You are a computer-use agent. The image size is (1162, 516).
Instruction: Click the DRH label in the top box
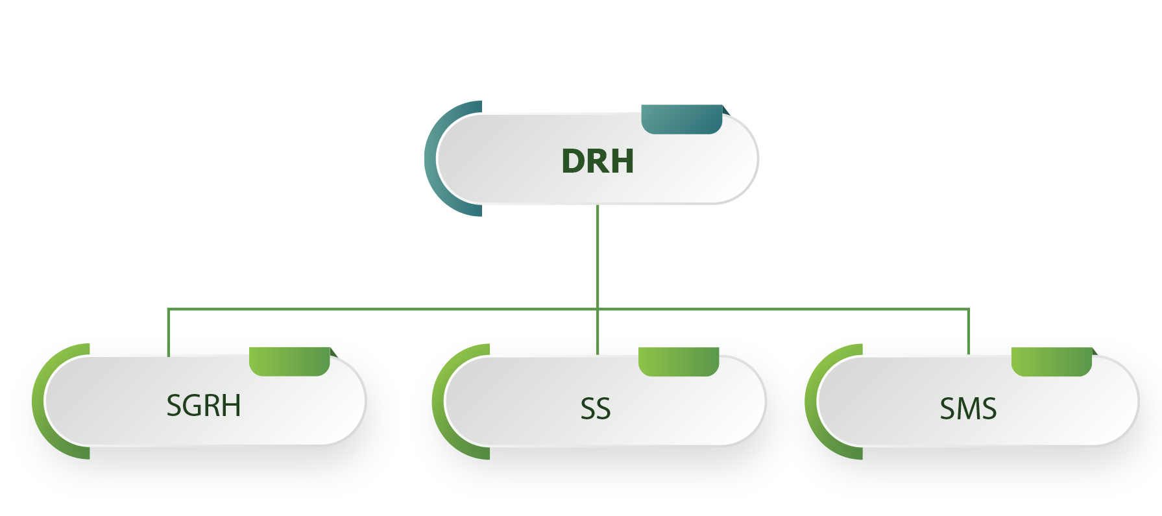598,161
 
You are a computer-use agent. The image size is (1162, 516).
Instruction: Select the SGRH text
204,406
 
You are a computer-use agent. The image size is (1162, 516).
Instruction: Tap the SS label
596,409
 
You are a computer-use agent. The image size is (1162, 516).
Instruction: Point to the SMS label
968,409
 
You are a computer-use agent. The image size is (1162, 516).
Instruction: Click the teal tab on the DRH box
682,119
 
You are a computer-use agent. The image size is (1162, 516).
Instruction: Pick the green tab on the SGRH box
289,362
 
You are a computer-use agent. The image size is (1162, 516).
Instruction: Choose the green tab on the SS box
679,362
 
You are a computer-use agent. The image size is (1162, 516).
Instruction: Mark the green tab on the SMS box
1052,362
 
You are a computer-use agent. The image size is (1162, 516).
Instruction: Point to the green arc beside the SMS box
813,401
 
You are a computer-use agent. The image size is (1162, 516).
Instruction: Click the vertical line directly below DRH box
598,256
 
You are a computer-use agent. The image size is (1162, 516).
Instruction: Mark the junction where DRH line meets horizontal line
598,309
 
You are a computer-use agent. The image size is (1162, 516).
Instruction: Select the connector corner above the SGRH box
169,310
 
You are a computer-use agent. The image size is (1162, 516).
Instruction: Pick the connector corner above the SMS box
969,310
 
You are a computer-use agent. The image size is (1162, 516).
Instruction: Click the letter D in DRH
574,161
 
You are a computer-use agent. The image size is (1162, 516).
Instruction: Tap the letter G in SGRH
195,406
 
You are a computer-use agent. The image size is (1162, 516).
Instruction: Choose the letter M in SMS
967,409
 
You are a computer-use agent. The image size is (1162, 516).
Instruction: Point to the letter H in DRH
622,161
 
